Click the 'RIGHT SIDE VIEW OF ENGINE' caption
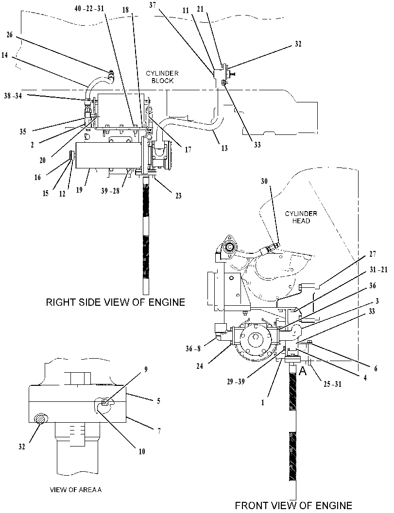pyautogui.click(x=115, y=302)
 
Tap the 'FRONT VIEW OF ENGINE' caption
pyautogui.click(x=293, y=505)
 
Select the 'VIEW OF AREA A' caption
pyautogui.click(x=76, y=490)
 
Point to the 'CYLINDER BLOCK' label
pyautogui.click(x=162, y=77)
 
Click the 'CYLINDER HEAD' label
pyautogui.click(x=301, y=217)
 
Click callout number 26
pyautogui.click(x=10, y=34)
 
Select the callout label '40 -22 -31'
pyautogui.click(x=89, y=9)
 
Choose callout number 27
pyautogui.click(x=373, y=254)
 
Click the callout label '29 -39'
pyautogui.click(x=236, y=382)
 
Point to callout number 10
pyautogui.click(x=142, y=451)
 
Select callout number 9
pyautogui.click(x=146, y=369)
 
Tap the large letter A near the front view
pyautogui.click(x=303, y=371)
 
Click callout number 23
pyautogui.click(x=178, y=196)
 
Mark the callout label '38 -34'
pyautogui.click(x=13, y=96)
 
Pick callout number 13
pyautogui.click(x=224, y=148)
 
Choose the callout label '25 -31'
pyautogui.click(x=332, y=384)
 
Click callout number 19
pyautogui.click(x=79, y=189)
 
